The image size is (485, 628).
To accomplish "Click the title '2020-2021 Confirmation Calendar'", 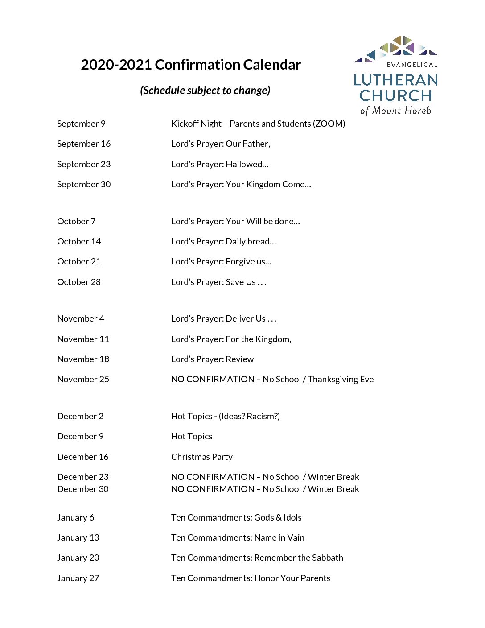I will (191, 65).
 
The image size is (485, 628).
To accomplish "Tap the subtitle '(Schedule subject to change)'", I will (205, 90).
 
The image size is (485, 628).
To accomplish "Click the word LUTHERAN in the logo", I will (396, 80).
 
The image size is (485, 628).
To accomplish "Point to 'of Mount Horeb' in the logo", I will (396, 111).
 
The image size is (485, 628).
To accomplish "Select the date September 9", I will (81, 124).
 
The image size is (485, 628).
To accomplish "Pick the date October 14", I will (79, 241).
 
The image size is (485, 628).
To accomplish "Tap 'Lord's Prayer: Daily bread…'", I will (223, 241).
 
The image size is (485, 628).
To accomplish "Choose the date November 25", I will (83, 379).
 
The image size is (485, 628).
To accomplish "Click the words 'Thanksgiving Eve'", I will (341, 379).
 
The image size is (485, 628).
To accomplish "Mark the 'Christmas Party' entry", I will (201, 457).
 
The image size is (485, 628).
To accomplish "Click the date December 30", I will (83, 489).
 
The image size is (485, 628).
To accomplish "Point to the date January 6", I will (75, 517).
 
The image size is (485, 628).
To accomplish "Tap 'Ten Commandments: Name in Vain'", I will (238, 537).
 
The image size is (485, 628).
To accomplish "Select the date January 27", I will (78, 578).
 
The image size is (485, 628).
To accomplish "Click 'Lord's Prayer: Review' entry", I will (212, 359).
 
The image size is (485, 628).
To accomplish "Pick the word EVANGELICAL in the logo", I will (411, 65).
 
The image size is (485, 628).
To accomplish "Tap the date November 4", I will (81, 318).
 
